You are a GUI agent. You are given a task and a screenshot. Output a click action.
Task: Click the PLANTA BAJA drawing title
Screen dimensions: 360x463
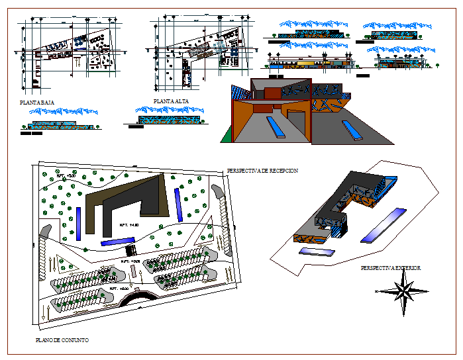(37, 103)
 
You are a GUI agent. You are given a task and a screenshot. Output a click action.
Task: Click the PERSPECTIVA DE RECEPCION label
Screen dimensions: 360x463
(262, 171)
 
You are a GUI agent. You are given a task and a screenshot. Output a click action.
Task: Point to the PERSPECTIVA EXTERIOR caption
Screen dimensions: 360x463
(391, 268)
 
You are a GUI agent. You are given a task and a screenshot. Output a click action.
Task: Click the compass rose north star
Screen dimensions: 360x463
(402, 291)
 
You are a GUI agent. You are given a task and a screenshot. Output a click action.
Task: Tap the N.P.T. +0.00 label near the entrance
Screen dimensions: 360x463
(117, 289)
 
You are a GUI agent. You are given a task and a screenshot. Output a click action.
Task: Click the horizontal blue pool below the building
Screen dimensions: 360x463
(117, 242)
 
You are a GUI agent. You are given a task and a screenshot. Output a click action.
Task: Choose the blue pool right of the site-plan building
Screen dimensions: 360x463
(178, 204)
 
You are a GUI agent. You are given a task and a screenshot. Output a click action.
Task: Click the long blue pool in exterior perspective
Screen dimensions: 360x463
(384, 225)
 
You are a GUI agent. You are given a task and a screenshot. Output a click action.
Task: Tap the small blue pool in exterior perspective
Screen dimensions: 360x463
(317, 252)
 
